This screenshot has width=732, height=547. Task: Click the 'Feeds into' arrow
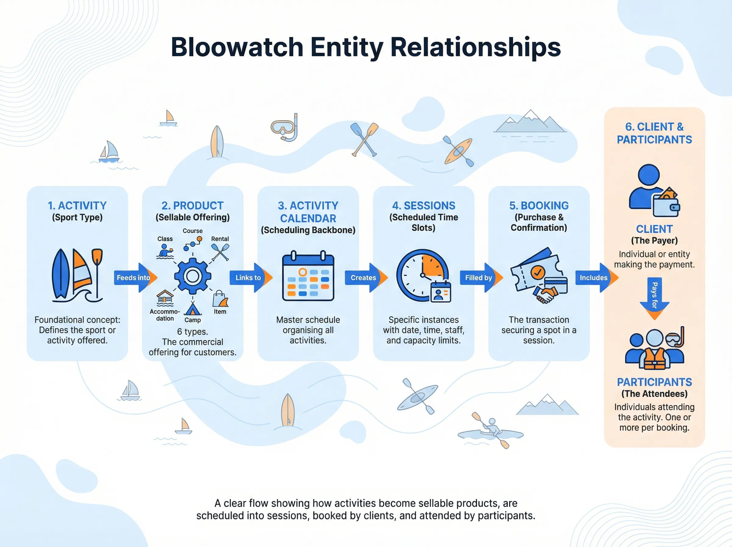(x=134, y=277)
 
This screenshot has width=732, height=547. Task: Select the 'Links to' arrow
(x=249, y=277)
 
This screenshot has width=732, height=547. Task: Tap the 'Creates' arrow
(x=364, y=277)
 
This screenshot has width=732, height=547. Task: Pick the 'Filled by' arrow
(x=480, y=277)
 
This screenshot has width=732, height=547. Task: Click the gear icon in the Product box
(x=192, y=276)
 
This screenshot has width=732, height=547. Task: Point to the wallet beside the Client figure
(x=666, y=205)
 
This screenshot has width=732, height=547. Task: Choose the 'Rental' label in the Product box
(x=220, y=239)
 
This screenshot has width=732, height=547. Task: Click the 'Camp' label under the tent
(x=192, y=320)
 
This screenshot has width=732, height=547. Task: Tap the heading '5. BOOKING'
(x=539, y=206)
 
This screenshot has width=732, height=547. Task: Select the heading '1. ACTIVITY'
(x=77, y=206)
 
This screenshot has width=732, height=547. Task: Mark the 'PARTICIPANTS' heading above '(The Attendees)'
(x=654, y=382)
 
